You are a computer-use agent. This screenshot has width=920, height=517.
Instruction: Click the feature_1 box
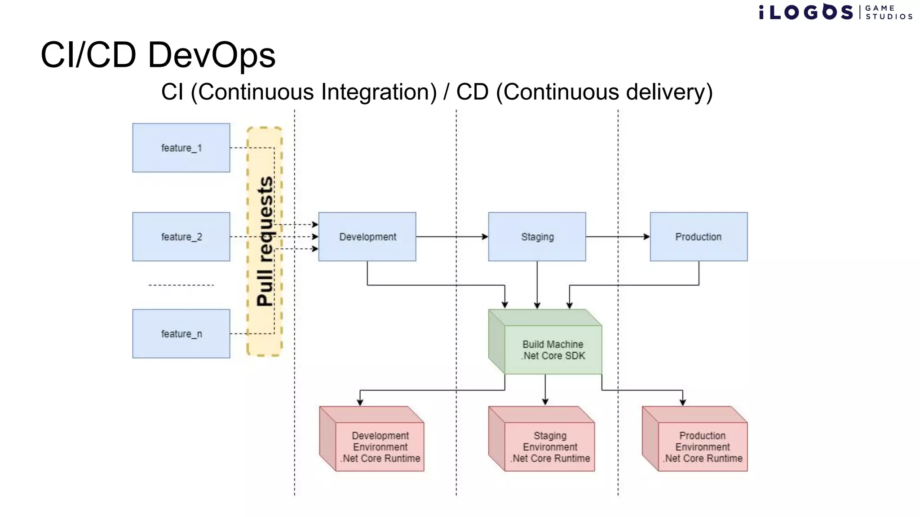pyautogui.click(x=181, y=148)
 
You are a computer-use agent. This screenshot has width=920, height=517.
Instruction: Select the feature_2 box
pyautogui.click(x=181, y=237)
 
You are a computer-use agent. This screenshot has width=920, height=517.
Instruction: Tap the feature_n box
pyautogui.click(x=181, y=333)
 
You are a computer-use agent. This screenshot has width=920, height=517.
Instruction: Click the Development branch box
pyautogui.click(x=367, y=237)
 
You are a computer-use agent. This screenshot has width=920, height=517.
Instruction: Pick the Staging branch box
pyautogui.click(x=537, y=237)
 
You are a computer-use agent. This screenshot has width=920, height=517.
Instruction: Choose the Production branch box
pyautogui.click(x=699, y=237)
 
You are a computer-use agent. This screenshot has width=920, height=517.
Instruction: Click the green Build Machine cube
pyautogui.click(x=553, y=349)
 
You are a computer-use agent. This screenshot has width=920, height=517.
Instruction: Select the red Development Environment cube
pyautogui.click(x=380, y=446)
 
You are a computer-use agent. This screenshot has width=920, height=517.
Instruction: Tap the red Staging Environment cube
pyautogui.click(x=549, y=446)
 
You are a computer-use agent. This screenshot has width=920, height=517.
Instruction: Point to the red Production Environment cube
pyautogui.click(x=702, y=446)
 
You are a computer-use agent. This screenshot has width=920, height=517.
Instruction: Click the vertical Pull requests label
pyautogui.click(x=265, y=241)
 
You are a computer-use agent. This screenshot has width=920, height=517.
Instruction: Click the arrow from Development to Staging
pyautogui.click(x=451, y=237)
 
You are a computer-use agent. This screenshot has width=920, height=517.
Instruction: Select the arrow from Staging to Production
pyautogui.click(x=618, y=237)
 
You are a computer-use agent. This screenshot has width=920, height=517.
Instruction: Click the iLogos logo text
pyautogui.click(x=806, y=12)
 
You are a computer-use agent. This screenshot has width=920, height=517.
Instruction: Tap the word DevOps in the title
pyautogui.click(x=211, y=55)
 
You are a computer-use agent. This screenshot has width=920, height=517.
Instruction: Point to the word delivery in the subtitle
pyautogui.click(x=665, y=92)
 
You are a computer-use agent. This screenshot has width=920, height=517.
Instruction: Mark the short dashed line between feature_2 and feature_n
pyautogui.click(x=181, y=285)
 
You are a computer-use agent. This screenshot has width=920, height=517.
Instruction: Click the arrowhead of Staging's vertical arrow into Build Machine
pyautogui.click(x=537, y=306)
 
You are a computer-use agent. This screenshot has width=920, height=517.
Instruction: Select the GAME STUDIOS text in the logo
pyautogui.click(x=889, y=12)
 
